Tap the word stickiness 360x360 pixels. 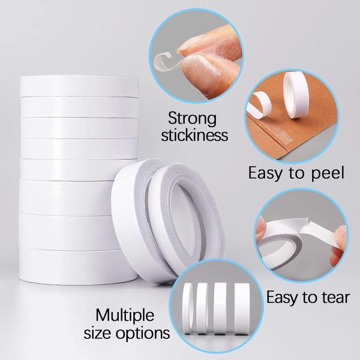coord(198,134)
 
